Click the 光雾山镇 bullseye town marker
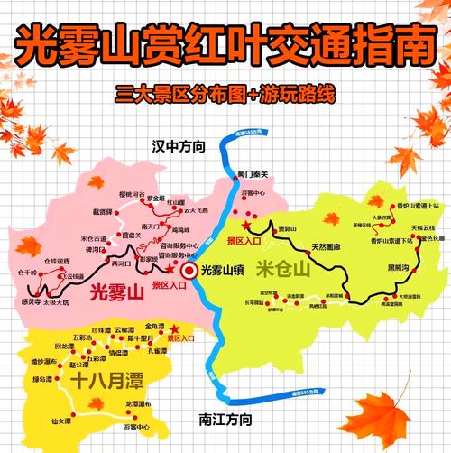(189, 270)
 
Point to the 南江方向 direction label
(223, 419)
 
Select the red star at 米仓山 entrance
(247, 223)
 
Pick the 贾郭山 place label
(287, 229)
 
